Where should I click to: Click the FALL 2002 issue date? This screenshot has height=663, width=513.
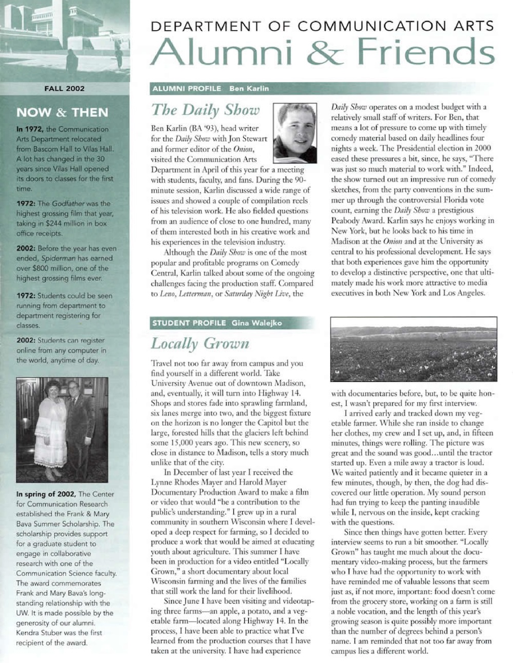64,88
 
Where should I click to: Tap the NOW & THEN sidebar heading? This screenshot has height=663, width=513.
62,112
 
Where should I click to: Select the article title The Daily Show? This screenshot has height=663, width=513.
205,110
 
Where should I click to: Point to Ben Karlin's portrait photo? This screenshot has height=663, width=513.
294,133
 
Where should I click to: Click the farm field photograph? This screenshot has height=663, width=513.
413,348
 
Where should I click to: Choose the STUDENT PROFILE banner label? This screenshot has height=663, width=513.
189,323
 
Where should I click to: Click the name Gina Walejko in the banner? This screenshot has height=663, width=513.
256,323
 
